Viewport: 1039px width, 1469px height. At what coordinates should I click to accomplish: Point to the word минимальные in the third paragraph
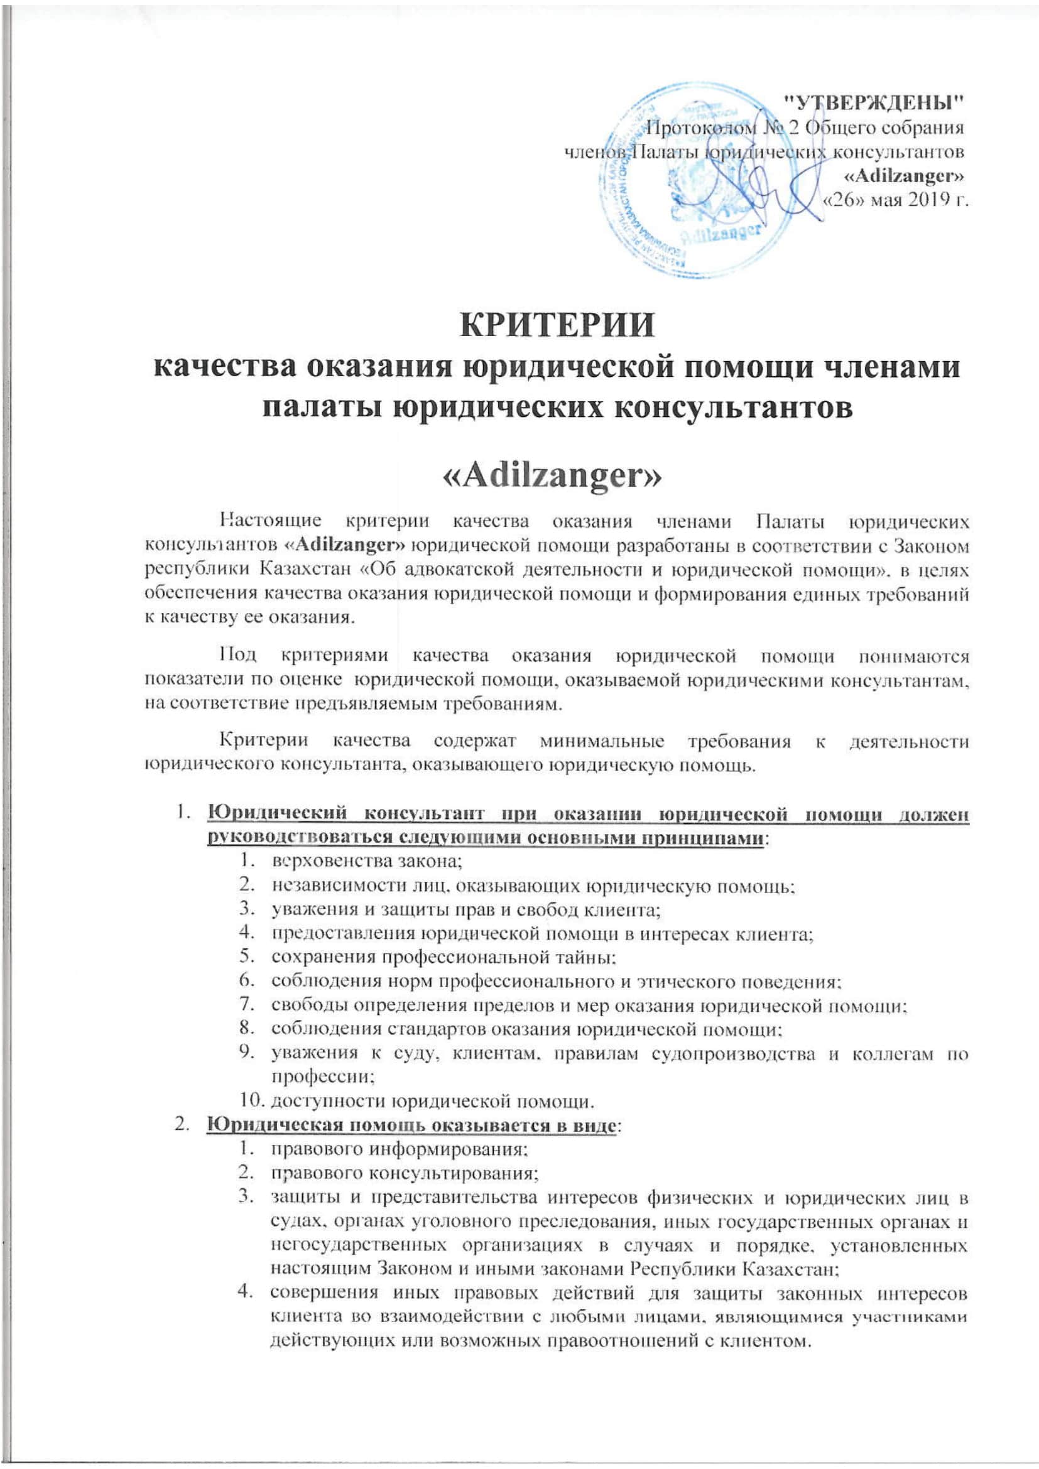[601, 742]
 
